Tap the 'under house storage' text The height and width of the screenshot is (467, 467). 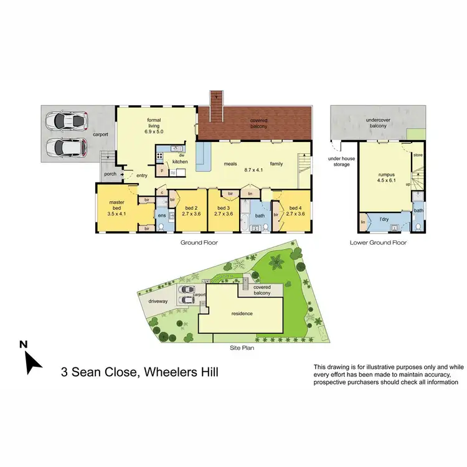point(341,162)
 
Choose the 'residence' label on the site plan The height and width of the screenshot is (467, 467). point(242,313)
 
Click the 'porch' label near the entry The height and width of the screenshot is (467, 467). point(111,174)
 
